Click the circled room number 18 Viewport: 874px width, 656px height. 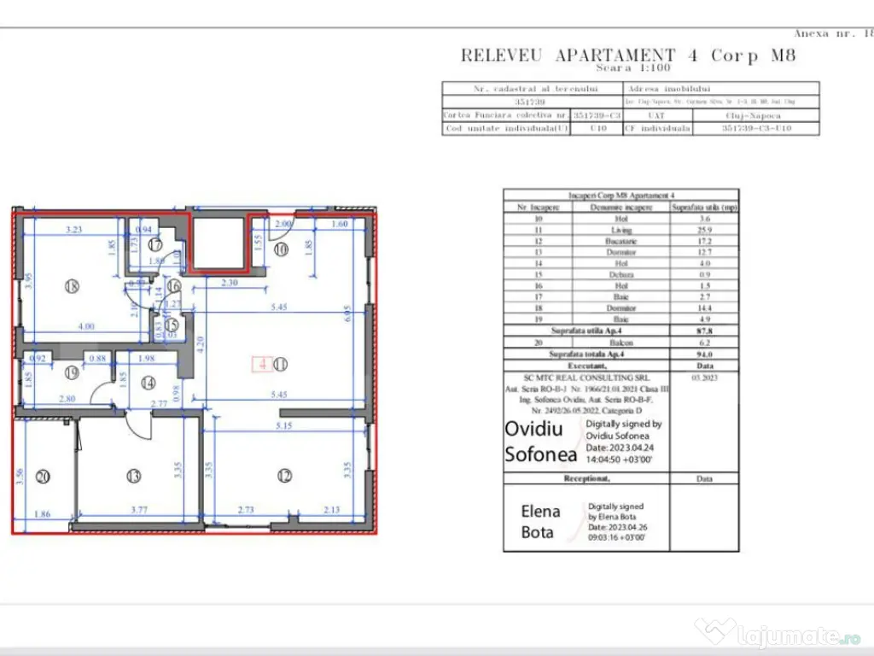tap(71, 287)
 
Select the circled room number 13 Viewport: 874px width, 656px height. tap(133, 476)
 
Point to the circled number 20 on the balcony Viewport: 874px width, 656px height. tap(42, 476)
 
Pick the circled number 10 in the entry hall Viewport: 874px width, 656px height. tap(281, 249)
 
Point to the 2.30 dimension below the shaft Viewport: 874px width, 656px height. tap(228, 283)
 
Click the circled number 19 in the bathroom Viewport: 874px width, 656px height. tap(71, 372)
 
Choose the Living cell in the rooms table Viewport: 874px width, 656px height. tap(621, 230)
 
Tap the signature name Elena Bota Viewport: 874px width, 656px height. tap(541, 522)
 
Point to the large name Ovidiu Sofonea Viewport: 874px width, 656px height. tap(541, 441)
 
